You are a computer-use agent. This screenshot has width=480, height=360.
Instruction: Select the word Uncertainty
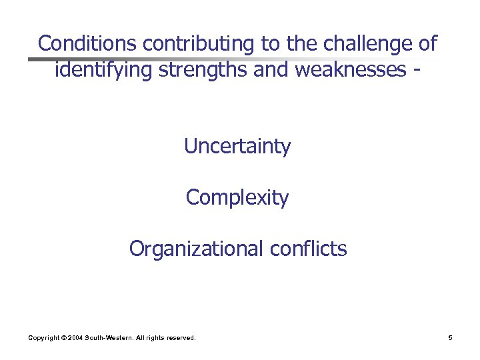pyautogui.click(x=237, y=146)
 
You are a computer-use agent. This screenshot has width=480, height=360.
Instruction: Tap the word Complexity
pyautogui.click(x=237, y=198)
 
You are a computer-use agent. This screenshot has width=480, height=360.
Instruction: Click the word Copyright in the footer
pyautogui.click(x=43, y=339)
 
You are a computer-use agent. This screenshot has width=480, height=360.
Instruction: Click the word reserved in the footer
pyautogui.click(x=180, y=339)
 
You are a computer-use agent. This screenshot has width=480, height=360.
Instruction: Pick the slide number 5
pyautogui.click(x=451, y=339)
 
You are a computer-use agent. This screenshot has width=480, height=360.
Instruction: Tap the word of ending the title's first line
pyautogui.click(x=427, y=43)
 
